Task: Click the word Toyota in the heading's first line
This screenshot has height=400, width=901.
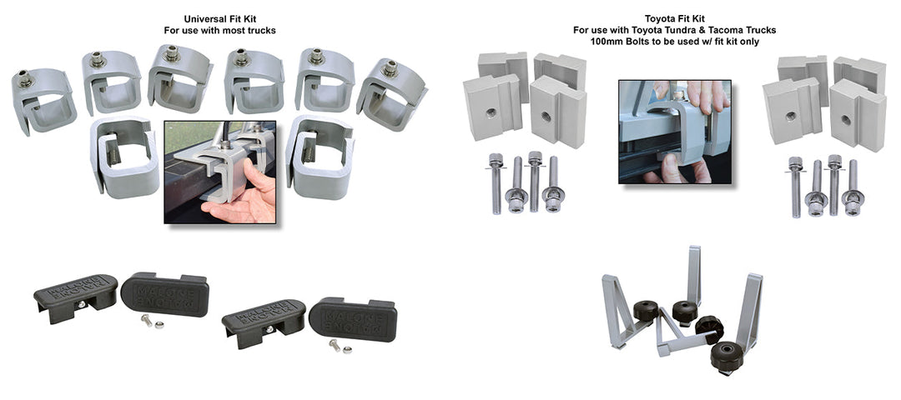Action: tap(662, 19)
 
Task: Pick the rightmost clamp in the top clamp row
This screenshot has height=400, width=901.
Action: tap(391, 92)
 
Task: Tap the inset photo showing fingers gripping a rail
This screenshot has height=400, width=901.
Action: tap(674, 132)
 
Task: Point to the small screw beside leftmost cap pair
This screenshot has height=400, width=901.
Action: tap(147, 320)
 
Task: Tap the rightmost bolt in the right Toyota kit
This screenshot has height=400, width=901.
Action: tap(853, 189)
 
